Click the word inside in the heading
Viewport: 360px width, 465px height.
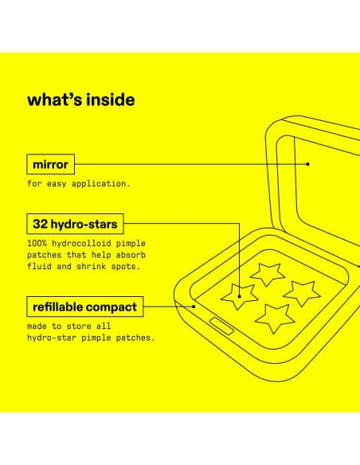(111, 100)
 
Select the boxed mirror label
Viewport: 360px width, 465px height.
(52, 165)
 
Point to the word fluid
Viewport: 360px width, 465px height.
(38, 266)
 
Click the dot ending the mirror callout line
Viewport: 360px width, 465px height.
(307, 164)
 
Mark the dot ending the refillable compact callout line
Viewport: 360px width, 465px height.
(194, 306)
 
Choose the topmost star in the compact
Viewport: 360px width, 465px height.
(268, 273)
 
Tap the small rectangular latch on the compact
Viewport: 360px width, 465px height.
(221, 324)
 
